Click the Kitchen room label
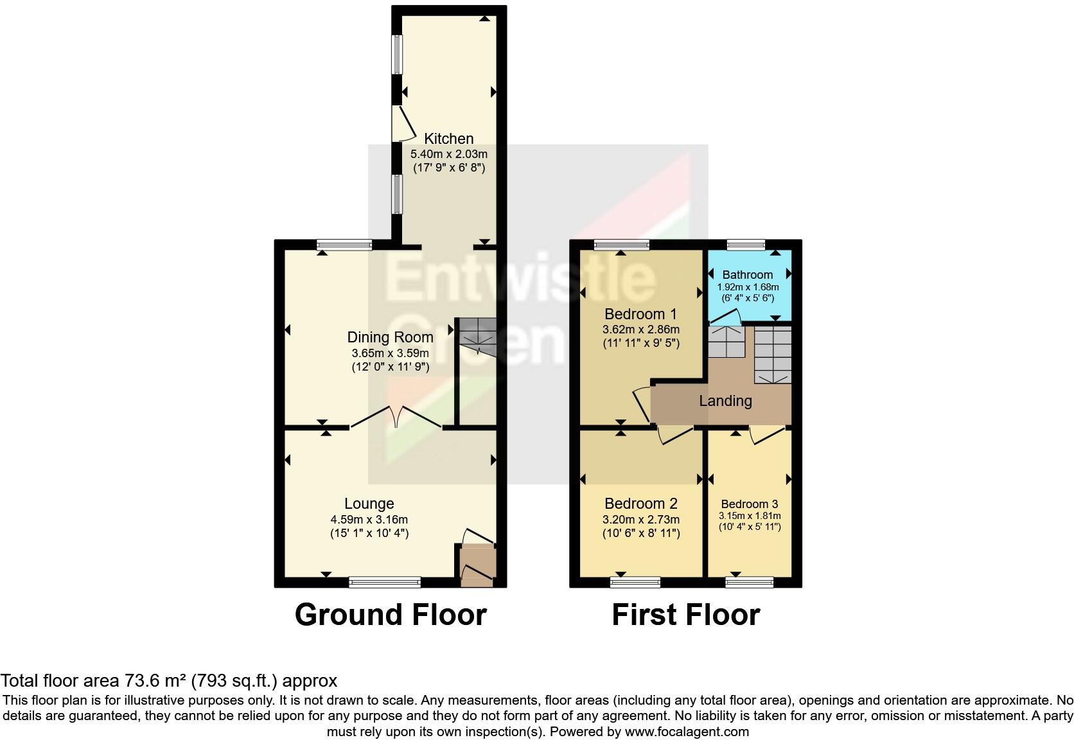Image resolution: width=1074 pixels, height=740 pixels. click(448, 139)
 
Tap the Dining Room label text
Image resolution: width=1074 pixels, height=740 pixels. click(390, 337)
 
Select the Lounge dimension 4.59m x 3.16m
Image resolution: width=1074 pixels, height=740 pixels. click(369, 520)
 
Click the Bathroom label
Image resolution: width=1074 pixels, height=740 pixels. click(747, 275)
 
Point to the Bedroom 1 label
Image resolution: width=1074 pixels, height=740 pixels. click(640, 314)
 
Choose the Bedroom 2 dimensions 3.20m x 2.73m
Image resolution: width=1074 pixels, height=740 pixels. click(640, 520)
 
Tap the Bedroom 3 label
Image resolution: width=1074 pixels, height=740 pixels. click(749, 504)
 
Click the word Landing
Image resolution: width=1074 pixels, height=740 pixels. click(725, 401)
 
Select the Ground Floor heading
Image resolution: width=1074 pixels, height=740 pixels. click(390, 615)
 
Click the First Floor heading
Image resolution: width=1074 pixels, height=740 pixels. click(685, 615)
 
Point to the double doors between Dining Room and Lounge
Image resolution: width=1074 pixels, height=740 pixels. click(396, 417)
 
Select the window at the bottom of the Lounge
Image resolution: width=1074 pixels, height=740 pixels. click(385, 583)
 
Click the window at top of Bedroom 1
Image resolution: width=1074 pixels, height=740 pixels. click(621, 245)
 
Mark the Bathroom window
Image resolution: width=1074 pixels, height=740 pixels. click(746, 245)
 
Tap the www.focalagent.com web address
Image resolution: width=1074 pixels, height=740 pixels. click(686, 731)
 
